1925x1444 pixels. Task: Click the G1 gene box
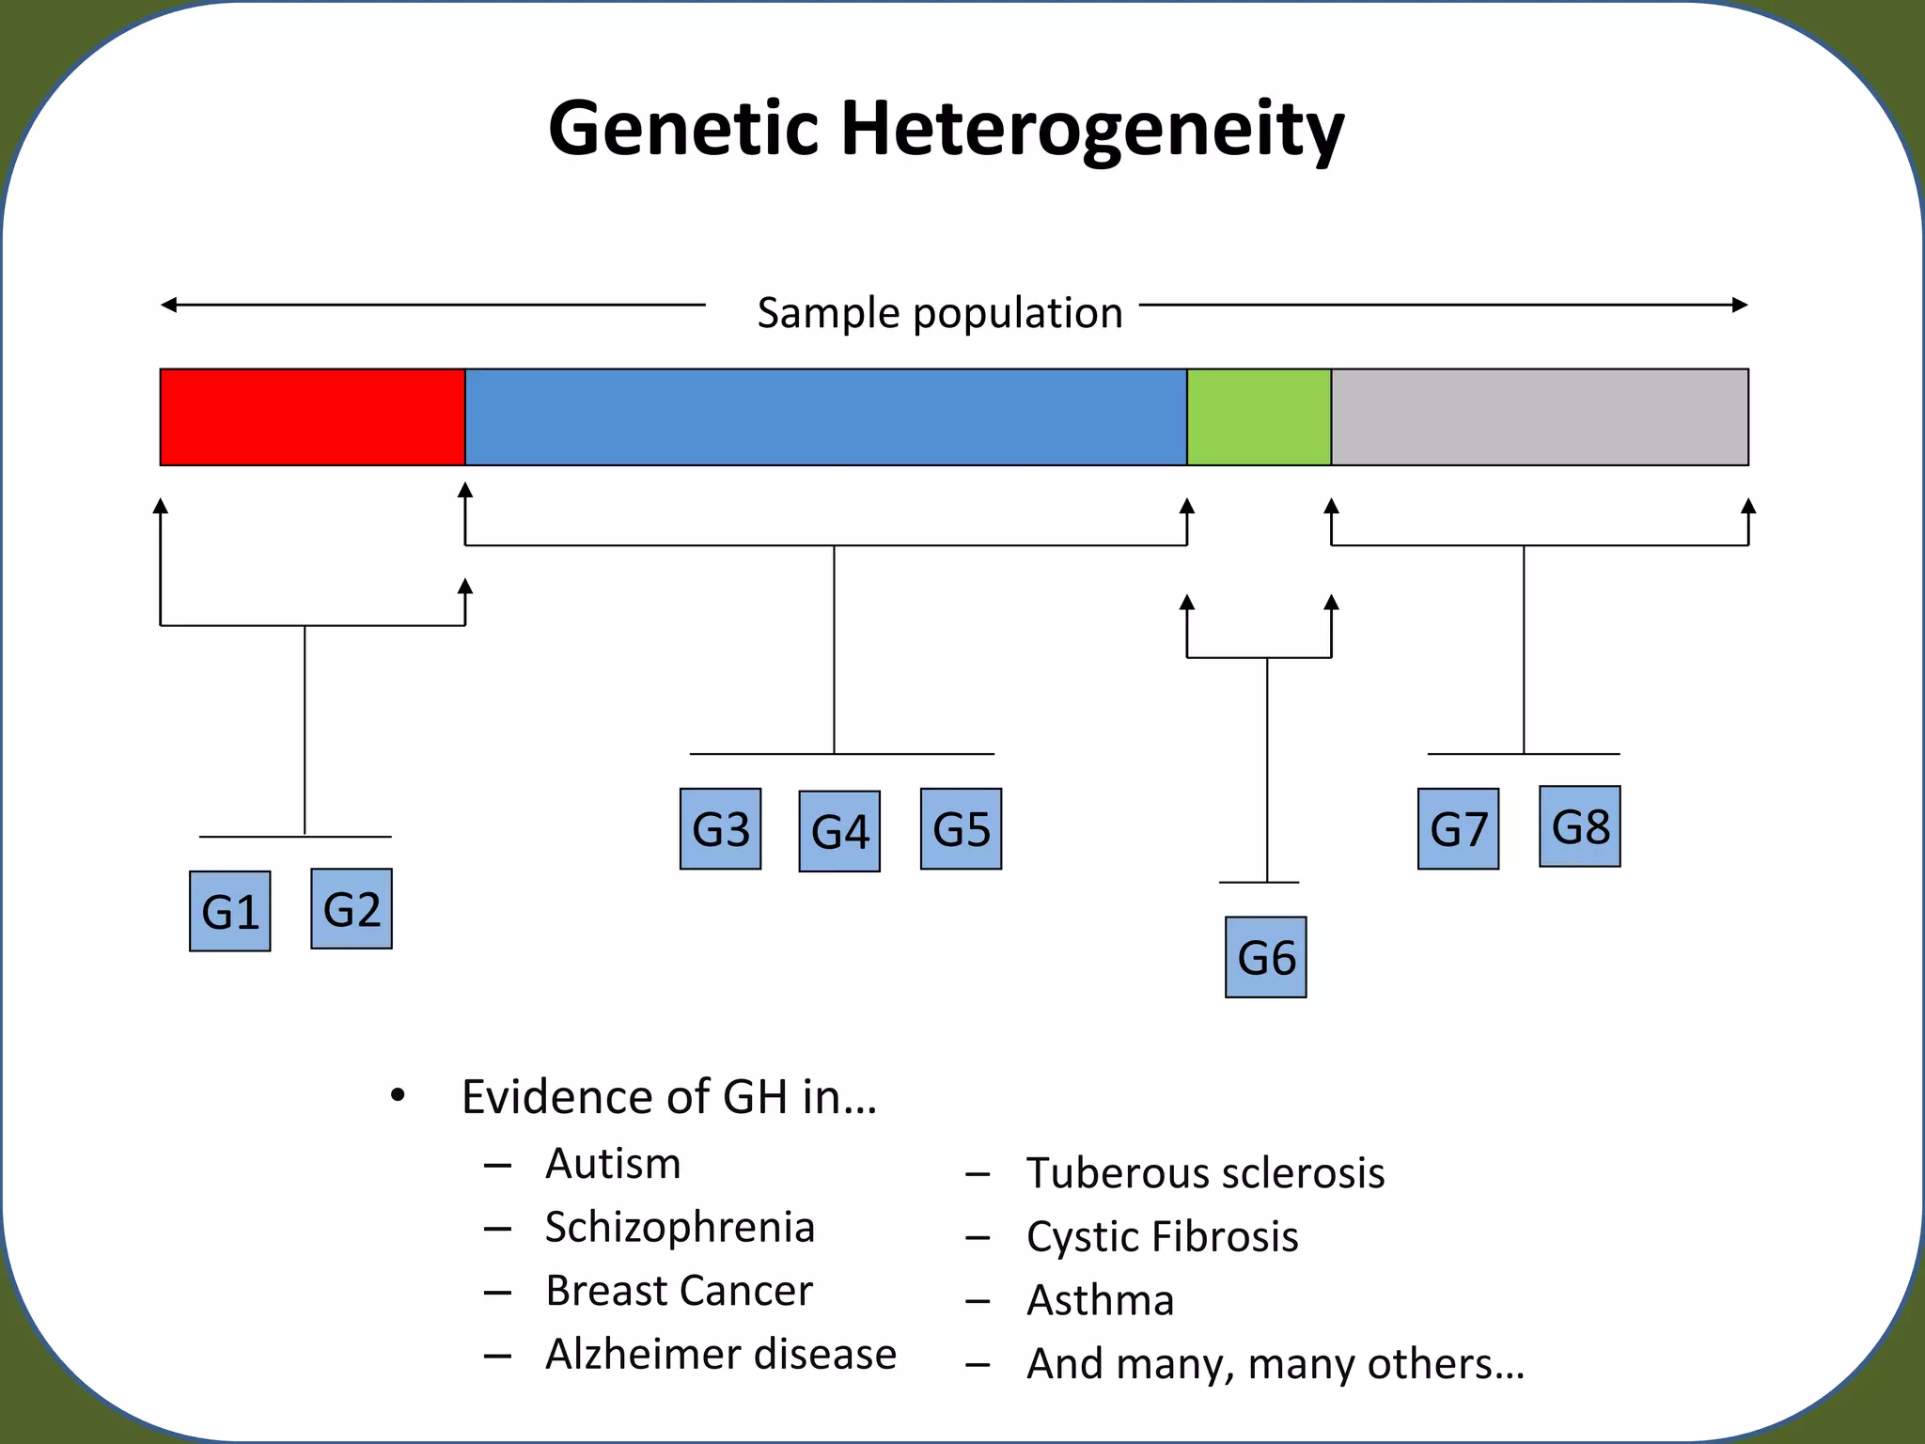click(230, 911)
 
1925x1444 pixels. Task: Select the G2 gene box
click(352, 908)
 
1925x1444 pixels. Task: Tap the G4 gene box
click(839, 831)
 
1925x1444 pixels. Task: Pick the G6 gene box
click(1266, 957)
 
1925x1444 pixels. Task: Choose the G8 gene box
click(1580, 826)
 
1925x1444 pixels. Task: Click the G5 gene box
click(961, 829)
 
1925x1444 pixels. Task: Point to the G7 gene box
click(1458, 829)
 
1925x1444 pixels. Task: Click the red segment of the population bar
click(312, 417)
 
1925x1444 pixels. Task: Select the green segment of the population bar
click(1259, 417)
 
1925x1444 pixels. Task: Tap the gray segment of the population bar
click(1540, 417)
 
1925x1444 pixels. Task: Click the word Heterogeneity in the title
click(1092, 130)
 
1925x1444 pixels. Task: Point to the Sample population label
click(940, 313)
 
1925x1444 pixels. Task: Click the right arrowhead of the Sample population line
click(1740, 305)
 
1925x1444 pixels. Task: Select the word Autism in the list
click(613, 1164)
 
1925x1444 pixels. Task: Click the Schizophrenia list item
click(680, 1228)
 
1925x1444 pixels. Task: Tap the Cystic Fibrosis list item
click(1162, 1236)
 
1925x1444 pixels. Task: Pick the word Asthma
click(1100, 1301)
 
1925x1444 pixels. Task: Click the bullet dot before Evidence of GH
click(398, 1095)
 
